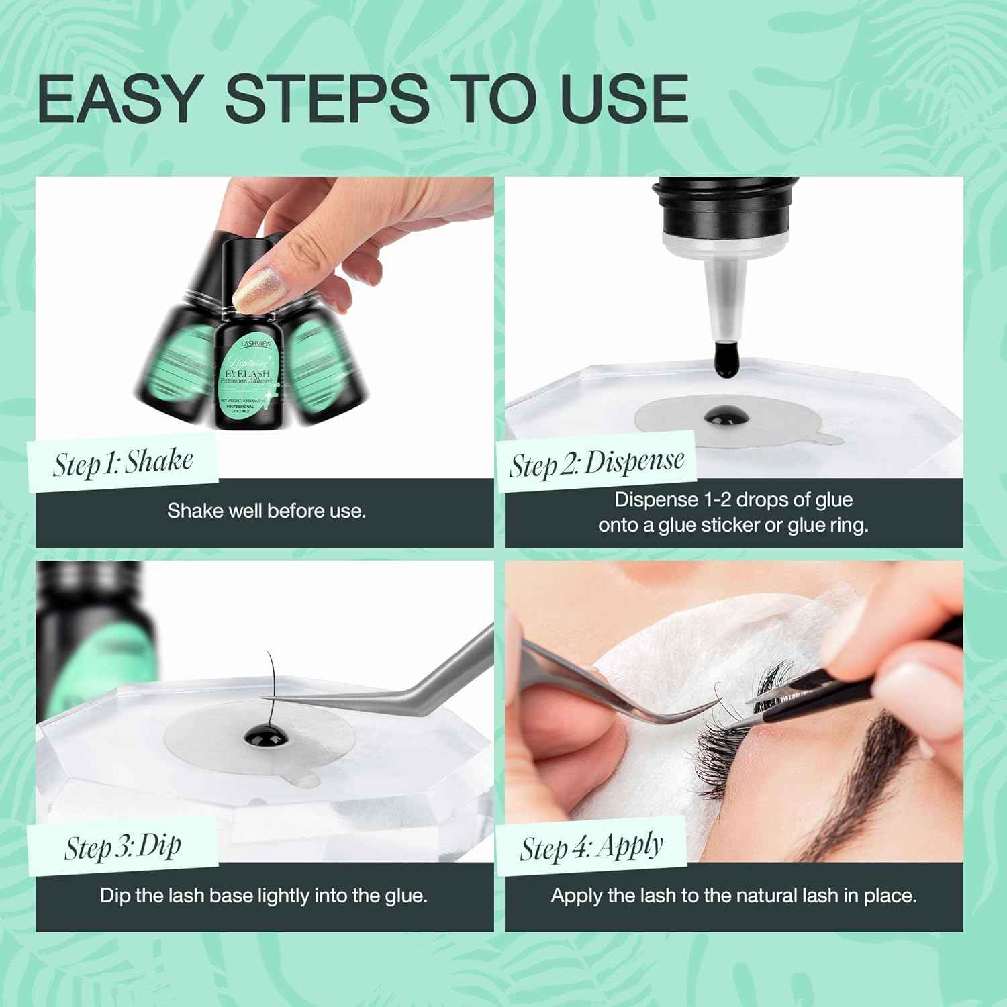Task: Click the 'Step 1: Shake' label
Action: tap(123, 463)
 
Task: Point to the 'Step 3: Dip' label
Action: tap(123, 847)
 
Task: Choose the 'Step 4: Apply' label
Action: tap(591, 847)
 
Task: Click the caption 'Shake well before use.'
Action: tap(267, 511)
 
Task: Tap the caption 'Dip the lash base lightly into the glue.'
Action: tap(264, 896)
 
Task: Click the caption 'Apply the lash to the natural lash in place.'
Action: tap(734, 896)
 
